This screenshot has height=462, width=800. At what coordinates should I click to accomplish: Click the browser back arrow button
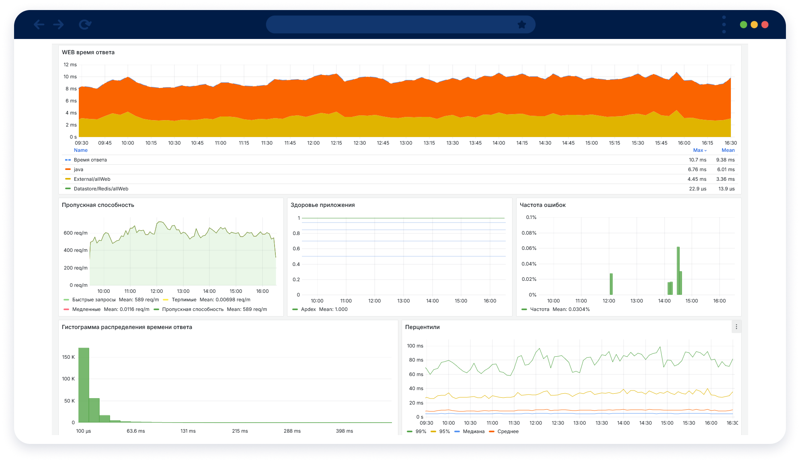[x=39, y=25]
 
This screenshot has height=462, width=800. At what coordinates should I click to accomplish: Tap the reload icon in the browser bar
[x=85, y=25]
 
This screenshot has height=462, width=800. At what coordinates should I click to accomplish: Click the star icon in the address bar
[x=522, y=25]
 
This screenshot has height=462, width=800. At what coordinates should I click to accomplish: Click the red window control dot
[x=765, y=25]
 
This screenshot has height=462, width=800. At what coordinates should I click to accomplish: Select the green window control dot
[x=743, y=25]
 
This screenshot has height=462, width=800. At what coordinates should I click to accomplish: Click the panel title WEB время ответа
[x=88, y=52]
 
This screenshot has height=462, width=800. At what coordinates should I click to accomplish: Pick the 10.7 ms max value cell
[x=697, y=160]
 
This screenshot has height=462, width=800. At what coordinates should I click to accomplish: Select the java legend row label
[x=78, y=170]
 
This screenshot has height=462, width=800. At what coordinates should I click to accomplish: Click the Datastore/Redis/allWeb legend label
[x=101, y=189]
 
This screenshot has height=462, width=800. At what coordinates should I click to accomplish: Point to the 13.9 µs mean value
[x=726, y=189]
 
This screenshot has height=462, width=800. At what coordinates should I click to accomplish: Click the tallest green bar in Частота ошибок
[x=678, y=271]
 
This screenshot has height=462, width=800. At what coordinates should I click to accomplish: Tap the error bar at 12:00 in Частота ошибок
[x=611, y=284]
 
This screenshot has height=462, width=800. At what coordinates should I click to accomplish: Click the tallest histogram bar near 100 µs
[x=84, y=385]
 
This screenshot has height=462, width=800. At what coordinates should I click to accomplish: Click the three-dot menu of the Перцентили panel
[x=736, y=327]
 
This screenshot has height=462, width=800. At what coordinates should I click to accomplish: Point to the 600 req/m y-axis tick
[x=76, y=233]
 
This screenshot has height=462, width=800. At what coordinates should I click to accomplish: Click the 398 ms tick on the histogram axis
[x=345, y=431]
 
